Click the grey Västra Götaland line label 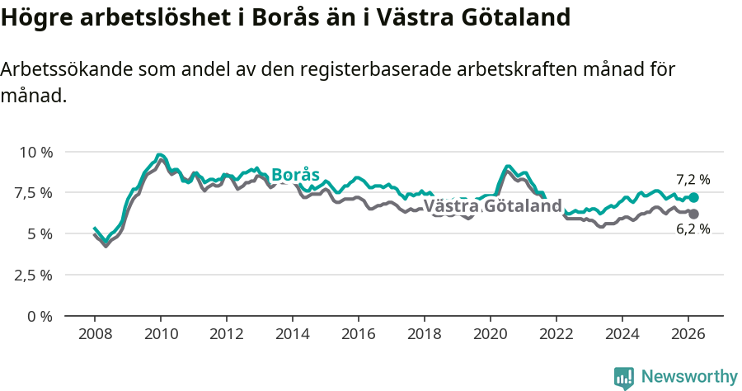[x=492, y=206]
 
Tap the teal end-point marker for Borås [x=693, y=198]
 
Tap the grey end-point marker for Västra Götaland [x=693, y=214]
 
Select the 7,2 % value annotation [x=693, y=180]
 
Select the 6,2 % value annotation [x=693, y=229]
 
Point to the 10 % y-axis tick [x=35, y=152]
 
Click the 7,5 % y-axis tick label [x=35, y=193]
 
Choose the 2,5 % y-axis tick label [x=35, y=275]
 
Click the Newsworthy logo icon [x=624, y=377]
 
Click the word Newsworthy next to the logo [x=689, y=377]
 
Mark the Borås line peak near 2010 [x=160, y=154]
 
